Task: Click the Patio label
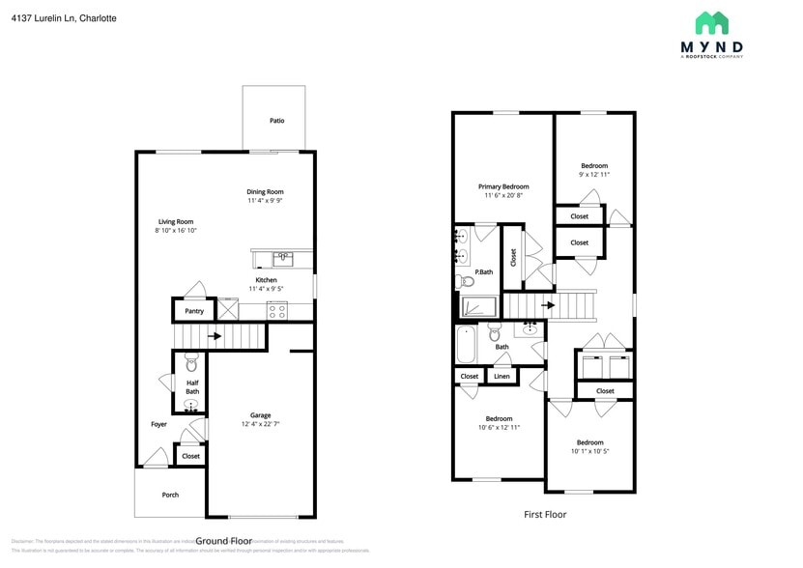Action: (x=276, y=121)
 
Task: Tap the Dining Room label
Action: (x=265, y=191)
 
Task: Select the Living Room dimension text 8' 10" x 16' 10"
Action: (x=176, y=231)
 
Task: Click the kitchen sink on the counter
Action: (x=282, y=258)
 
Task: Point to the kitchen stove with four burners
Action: (x=276, y=311)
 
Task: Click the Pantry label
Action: (x=194, y=311)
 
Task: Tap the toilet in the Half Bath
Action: (x=190, y=364)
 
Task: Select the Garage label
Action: (x=260, y=414)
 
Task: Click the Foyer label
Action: (x=158, y=424)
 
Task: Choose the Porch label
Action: (x=170, y=495)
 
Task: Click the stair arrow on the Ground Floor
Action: (x=215, y=336)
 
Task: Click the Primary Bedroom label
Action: (x=503, y=186)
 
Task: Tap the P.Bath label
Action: (x=483, y=272)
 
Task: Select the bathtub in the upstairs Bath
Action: (x=467, y=345)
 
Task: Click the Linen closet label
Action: (x=501, y=376)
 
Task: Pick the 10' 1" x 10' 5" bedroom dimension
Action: (x=589, y=450)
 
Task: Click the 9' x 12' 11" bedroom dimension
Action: (x=594, y=175)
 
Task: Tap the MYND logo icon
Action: (x=712, y=23)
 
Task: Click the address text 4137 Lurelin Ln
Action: (x=43, y=17)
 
